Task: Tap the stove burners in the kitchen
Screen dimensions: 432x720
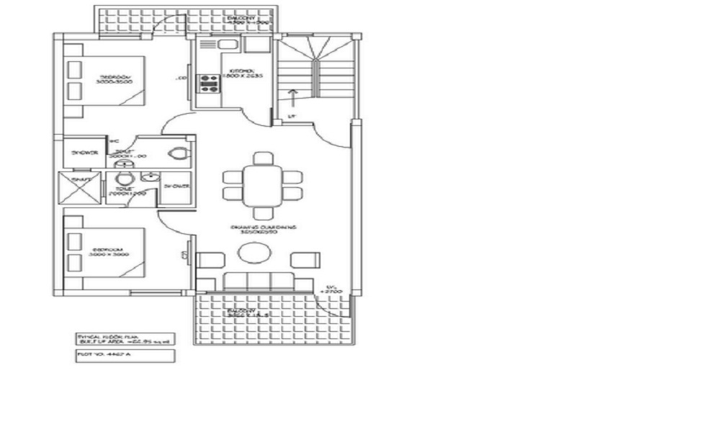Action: (x=210, y=84)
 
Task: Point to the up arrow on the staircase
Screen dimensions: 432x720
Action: (x=292, y=96)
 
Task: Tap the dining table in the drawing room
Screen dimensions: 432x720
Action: (x=262, y=184)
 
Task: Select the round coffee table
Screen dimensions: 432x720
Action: (x=253, y=253)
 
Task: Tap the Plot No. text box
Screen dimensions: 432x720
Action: (x=124, y=356)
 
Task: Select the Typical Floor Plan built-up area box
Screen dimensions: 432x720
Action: (x=124, y=338)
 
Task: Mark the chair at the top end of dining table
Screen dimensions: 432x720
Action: (x=264, y=158)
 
